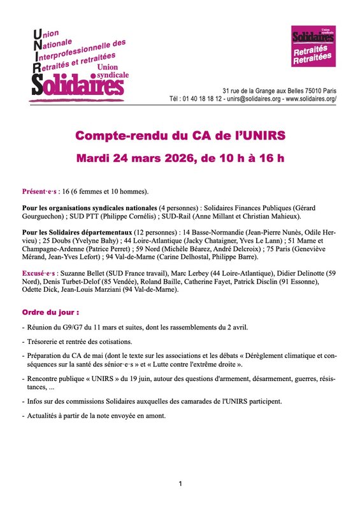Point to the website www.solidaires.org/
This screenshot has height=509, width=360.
point(311,99)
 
